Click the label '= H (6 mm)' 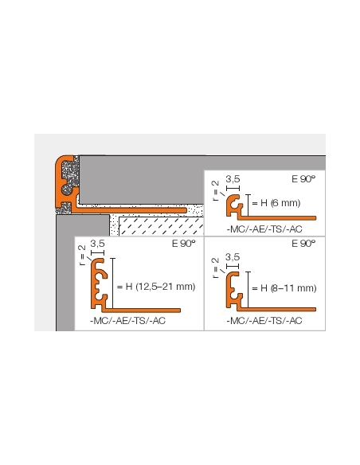[276, 203]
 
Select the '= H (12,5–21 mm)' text [155, 287]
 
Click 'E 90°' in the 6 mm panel [303, 180]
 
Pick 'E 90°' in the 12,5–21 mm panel [183, 244]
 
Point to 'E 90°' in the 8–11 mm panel [303, 244]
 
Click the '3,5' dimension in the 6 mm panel [233, 180]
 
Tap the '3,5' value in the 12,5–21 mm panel [98, 244]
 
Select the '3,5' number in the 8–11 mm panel [233, 256]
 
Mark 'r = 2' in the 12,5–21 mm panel [82, 255]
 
